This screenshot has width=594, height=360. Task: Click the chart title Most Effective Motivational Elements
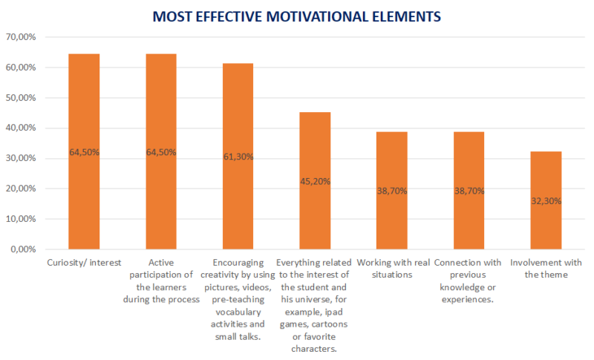click(297, 16)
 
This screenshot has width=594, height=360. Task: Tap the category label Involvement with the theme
click(546, 269)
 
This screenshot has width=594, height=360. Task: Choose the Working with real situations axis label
click(392, 269)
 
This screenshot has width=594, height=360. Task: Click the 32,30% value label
click(546, 200)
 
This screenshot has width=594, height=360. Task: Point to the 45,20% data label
click(315, 181)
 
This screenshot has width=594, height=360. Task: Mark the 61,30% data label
click(238, 157)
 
